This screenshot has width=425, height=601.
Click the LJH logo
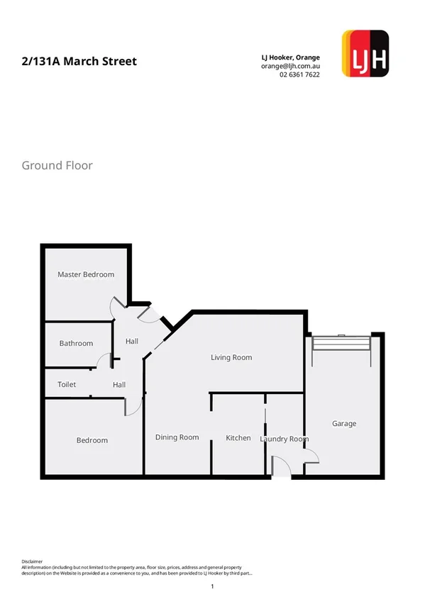pos(365,53)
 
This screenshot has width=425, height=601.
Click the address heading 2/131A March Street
pos(79,62)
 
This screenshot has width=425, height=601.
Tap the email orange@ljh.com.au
pos(290,65)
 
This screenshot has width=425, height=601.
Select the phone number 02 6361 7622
pos(299,74)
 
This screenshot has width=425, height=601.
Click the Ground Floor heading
pos(57,166)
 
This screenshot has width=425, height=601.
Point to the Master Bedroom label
pos(86,274)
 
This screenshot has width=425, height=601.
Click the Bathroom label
pos(76,344)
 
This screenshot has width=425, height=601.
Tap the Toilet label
pos(67,385)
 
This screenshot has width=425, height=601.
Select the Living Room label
pos(231,358)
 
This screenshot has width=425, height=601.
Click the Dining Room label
pos(177,437)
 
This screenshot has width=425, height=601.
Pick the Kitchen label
pos(238,438)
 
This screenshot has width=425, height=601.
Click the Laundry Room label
pos(284,439)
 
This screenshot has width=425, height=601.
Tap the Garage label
pos(344,424)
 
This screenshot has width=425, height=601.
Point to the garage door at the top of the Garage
pos(342,342)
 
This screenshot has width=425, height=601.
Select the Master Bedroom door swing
pos(117,306)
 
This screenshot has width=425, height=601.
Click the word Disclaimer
pos(33,560)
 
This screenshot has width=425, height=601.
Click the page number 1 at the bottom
pos(212,587)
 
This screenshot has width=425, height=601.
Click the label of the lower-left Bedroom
pos(92,441)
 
